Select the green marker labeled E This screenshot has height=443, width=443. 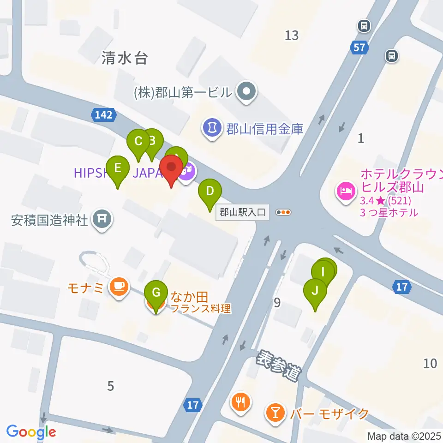pyautogui.click(x=118, y=169)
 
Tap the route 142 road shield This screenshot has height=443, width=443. pyautogui.click(x=102, y=115)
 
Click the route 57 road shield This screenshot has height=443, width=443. pyautogui.click(x=359, y=47)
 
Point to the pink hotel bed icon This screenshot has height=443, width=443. pyautogui.click(x=346, y=190)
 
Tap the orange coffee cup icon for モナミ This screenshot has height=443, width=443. pyautogui.click(x=119, y=287)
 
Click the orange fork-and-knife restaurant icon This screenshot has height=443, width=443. pyautogui.click(x=240, y=401)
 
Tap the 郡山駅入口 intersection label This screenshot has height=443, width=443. pyautogui.click(x=243, y=213)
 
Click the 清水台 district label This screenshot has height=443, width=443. pyautogui.click(x=125, y=58)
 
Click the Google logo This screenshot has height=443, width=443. pyautogui.click(x=31, y=432)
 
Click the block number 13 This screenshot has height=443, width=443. pyautogui.click(x=292, y=35)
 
